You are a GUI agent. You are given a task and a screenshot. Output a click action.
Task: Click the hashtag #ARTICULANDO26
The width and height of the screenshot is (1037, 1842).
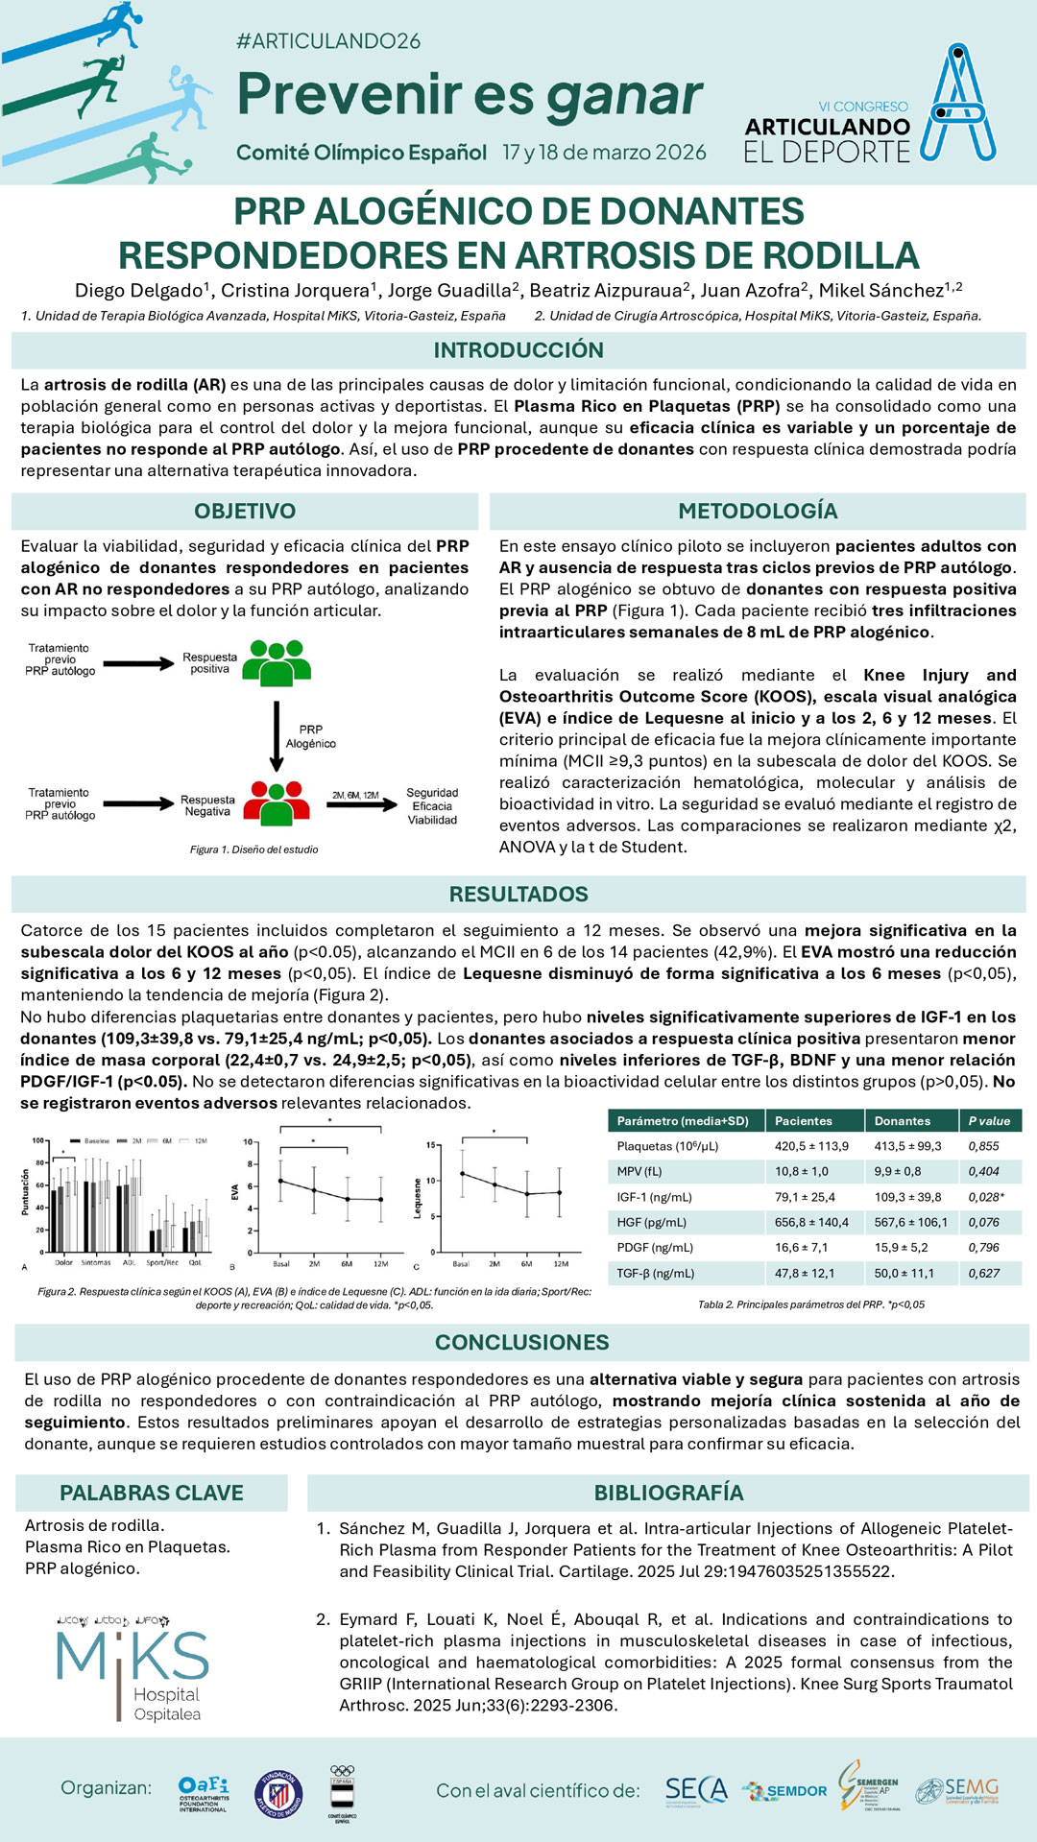(328, 41)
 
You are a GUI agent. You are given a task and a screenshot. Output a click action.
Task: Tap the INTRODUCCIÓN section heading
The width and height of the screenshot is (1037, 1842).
(518, 350)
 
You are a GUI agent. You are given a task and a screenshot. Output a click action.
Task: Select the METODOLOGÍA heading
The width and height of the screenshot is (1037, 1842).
(758, 511)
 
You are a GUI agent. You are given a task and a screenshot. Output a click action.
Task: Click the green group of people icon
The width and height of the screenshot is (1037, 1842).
(277, 662)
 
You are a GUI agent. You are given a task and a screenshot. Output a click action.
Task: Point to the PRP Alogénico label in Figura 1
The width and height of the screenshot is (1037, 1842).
(310, 736)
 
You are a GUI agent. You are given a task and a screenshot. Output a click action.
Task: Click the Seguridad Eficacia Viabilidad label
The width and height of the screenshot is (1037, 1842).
(432, 806)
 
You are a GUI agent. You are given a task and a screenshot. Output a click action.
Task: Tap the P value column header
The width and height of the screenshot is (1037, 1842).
(989, 1121)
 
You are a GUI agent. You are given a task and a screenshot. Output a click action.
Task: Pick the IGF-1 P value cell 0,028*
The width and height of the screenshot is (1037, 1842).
(986, 1197)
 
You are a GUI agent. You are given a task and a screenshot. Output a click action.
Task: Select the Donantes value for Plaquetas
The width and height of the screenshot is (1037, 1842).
(907, 1146)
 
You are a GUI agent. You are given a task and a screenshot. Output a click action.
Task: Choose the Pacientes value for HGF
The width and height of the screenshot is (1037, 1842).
(811, 1222)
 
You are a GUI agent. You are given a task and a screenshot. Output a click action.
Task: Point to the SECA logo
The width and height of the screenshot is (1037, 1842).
(696, 1790)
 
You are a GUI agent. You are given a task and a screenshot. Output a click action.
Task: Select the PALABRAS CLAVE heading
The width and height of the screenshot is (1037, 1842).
(152, 1493)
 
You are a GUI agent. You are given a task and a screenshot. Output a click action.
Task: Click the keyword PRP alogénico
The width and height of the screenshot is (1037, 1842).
(83, 1568)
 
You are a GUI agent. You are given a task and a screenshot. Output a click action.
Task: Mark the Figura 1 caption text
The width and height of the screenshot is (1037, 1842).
(253, 849)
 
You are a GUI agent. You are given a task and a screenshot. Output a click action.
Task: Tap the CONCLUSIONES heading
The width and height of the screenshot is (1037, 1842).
(521, 1342)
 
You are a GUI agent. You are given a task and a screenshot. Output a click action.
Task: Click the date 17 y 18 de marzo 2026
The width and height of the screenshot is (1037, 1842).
(604, 153)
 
